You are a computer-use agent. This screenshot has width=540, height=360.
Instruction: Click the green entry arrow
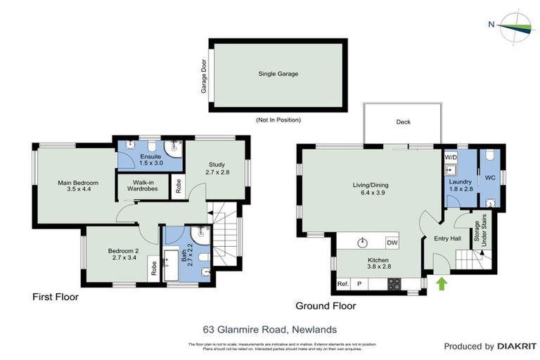click(442, 284)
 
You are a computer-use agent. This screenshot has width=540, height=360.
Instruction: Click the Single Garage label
click(278, 73)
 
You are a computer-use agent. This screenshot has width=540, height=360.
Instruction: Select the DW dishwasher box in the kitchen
click(391, 243)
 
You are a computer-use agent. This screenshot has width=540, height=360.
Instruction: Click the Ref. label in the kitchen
click(343, 284)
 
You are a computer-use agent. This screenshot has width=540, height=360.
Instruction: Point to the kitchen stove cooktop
click(395, 284)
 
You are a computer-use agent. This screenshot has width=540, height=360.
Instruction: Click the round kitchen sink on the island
click(363, 243)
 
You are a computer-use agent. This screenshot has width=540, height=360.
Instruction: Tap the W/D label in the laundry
click(451, 157)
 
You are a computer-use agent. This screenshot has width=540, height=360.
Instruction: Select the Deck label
click(403, 122)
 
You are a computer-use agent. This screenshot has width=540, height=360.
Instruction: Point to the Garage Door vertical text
click(205, 75)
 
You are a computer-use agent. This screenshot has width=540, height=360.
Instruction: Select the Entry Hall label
click(446, 238)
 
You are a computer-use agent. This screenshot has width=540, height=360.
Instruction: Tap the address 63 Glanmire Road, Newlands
click(269, 328)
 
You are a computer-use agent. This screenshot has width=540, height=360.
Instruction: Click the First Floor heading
click(56, 297)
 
